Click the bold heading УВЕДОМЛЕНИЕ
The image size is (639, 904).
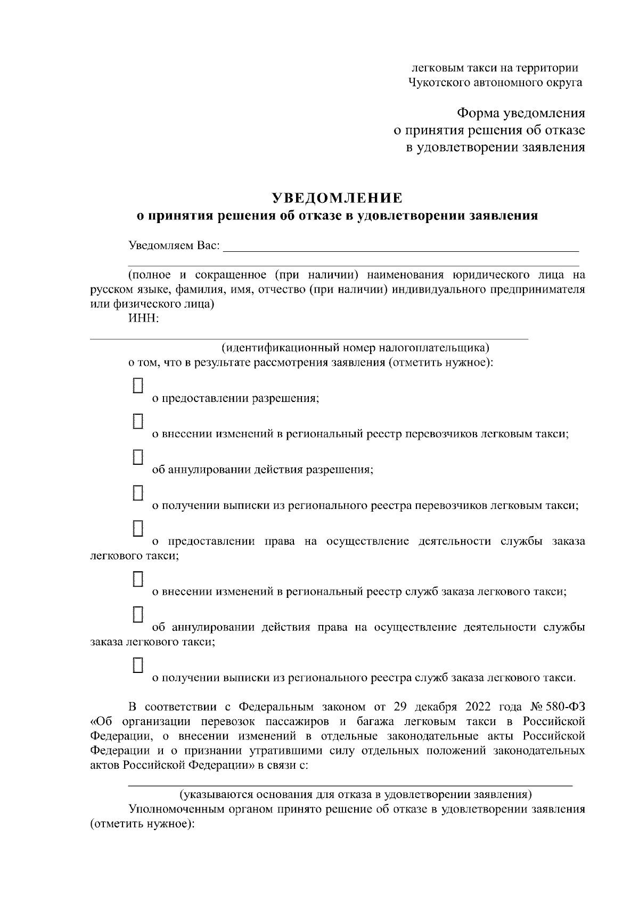coord(337,198)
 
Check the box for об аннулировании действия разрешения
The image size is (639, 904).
coord(138,457)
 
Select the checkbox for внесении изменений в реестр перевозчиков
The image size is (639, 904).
coord(138,421)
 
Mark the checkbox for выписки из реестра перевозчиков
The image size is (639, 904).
coord(138,492)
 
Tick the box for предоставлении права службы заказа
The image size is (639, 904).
coord(138,528)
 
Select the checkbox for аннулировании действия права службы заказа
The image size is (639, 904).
coord(138,614)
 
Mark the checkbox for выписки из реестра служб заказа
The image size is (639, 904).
coord(138,664)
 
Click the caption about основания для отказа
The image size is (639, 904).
coord(355,795)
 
